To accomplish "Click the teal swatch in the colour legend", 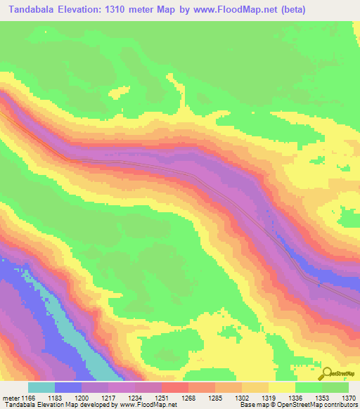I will point(41,387).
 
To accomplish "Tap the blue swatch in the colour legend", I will point(68,387).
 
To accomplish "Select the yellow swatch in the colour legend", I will point(282,387).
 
